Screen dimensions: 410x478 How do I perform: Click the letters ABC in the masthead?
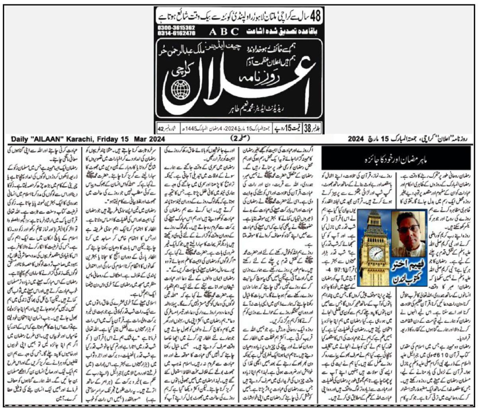point(219,31)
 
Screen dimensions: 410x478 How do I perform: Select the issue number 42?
point(161,129)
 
